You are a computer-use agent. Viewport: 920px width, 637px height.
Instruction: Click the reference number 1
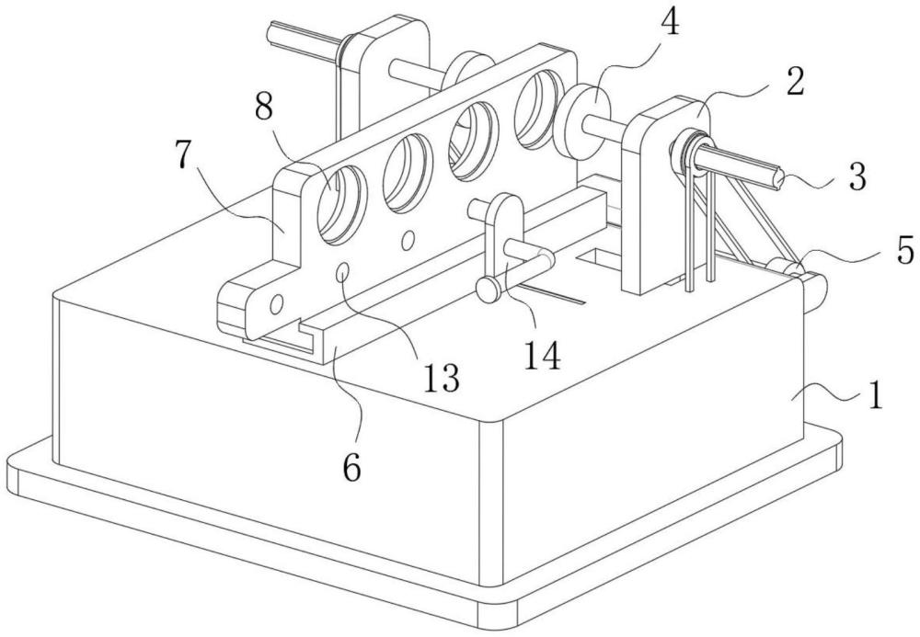pos(874,395)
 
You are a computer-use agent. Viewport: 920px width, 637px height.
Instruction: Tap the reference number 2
pos(796,81)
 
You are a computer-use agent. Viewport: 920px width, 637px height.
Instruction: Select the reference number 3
pos(857,177)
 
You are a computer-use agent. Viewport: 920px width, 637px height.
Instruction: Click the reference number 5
pos(906,251)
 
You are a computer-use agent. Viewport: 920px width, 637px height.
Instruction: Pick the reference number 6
pos(351,468)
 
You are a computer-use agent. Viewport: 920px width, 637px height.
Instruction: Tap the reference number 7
pos(183,154)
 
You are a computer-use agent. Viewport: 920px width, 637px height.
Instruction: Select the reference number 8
pos(264,108)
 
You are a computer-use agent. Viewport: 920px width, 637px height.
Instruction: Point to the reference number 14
pos(542,355)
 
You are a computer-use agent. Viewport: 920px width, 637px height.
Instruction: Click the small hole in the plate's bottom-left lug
pos(276,303)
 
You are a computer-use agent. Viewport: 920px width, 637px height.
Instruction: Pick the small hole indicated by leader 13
pos(343,272)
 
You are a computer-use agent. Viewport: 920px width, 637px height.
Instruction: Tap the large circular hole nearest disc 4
pos(538,109)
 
